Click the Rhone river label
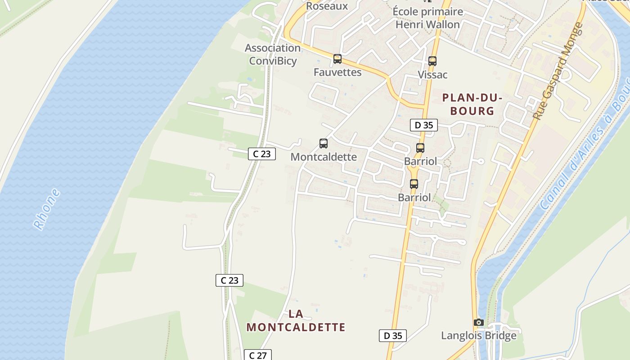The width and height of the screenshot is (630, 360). click(47, 209)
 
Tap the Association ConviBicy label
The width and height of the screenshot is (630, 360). click(273, 54)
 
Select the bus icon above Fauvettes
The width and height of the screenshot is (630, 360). click(337, 59)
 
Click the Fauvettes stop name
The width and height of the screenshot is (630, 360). click(337, 72)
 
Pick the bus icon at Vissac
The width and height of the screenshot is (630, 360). click(432, 61)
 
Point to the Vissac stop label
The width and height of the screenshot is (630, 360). click(432, 75)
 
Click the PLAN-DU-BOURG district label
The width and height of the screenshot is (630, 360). click(472, 104)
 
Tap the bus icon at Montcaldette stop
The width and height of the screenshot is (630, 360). click(324, 144)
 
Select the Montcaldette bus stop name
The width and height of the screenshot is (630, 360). click(324, 157)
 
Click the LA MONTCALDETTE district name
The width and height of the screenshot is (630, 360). click(296, 320)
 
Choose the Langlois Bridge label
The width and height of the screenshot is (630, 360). click(479, 335)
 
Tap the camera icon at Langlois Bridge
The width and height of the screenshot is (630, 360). click(479, 323)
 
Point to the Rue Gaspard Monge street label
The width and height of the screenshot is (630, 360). click(558, 71)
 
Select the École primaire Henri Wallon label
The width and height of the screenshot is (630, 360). click(427, 18)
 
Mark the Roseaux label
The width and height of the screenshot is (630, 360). click(327, 6)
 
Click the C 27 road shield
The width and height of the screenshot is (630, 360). click(258, 355)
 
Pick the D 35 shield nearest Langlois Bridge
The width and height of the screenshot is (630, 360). click(393, 335)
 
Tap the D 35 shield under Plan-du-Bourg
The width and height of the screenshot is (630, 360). click(424, 125)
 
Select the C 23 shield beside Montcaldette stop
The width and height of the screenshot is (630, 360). click(262, 154)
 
